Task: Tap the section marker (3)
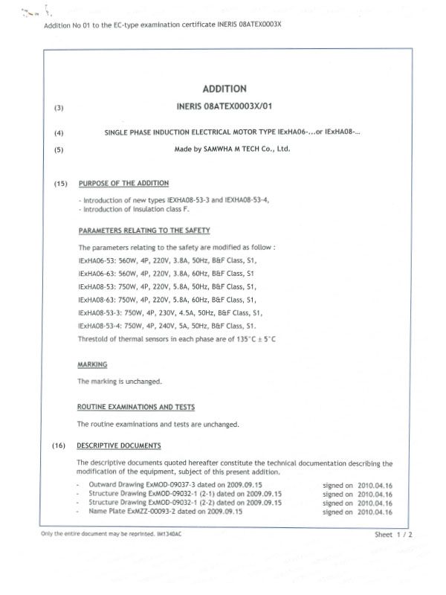(59, 109)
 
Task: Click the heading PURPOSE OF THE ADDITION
(123, 184)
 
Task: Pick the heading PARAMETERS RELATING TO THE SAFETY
(144, 230)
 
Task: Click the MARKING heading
(92, 364)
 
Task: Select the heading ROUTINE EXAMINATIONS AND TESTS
(136, 407)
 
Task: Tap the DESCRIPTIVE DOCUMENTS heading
(119, 446)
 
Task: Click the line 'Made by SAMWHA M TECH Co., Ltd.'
(232, 149)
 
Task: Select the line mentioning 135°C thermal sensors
(182, 339)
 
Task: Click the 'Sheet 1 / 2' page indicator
(393, 535)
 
